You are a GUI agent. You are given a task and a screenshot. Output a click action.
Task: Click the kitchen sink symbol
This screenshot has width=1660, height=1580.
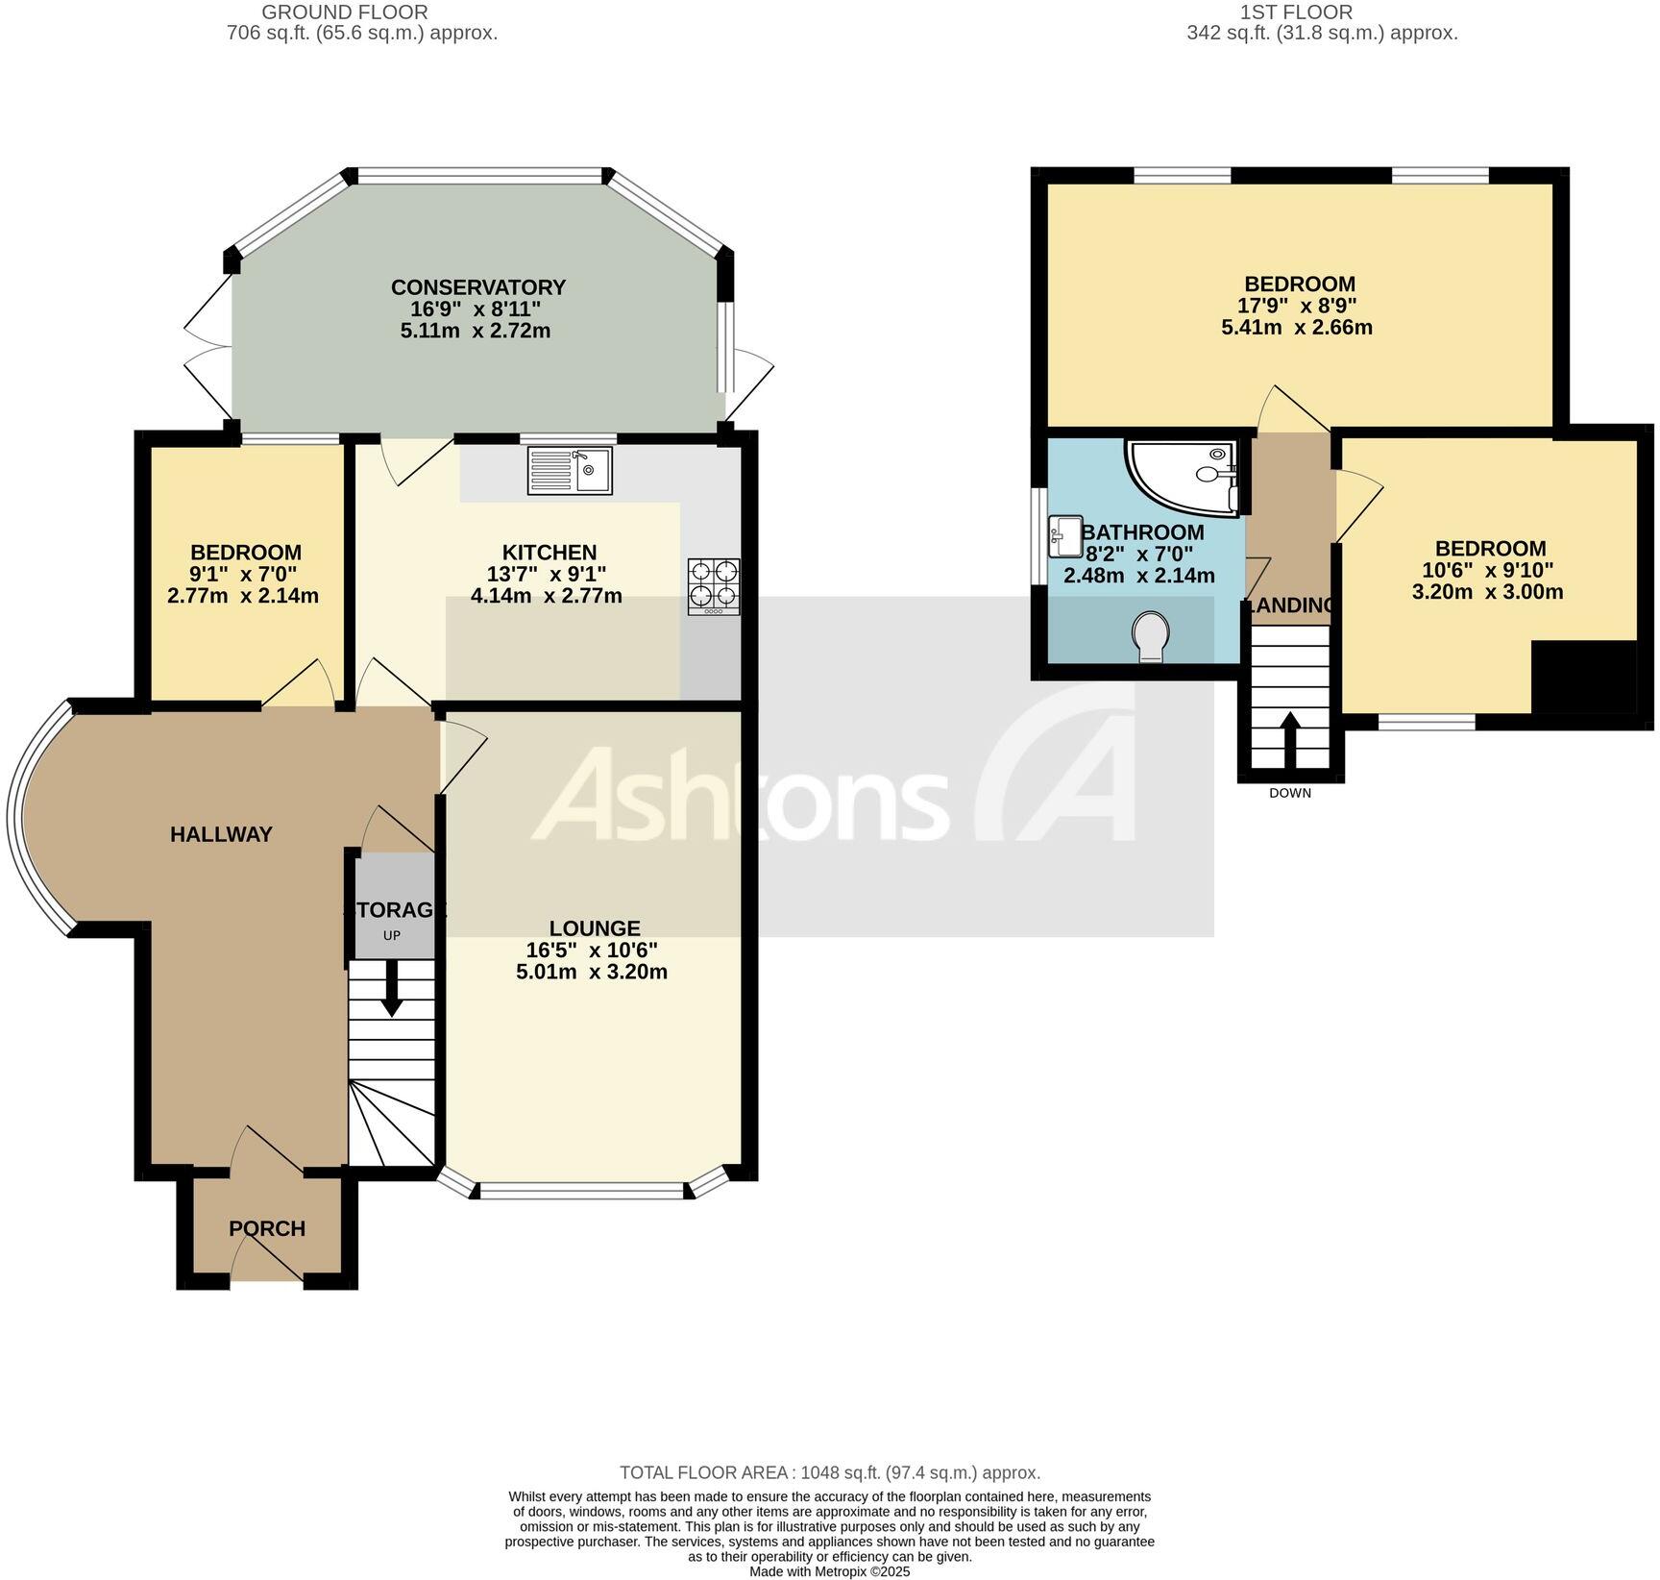(x=570, y=471)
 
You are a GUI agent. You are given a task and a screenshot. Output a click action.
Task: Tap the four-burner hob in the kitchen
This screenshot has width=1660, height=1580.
(x=714, y=586)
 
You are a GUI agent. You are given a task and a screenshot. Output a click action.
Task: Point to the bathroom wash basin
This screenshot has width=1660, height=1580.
(x=1065, y=535)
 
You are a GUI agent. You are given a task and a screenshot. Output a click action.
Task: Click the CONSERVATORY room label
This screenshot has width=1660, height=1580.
(x=477, y=287)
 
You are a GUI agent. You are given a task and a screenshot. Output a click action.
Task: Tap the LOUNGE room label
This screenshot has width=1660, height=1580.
(x=595, y=928)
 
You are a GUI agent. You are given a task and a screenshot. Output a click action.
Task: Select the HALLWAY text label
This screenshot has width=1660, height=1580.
(x=221, y=834)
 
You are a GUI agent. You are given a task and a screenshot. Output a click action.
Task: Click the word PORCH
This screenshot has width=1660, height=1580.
(x=267, y=1228)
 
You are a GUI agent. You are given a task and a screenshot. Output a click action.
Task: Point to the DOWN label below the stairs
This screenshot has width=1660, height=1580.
(x=1289, y=793)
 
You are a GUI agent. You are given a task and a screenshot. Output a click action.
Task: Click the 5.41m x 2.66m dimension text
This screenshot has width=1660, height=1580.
(x=1296, y=328)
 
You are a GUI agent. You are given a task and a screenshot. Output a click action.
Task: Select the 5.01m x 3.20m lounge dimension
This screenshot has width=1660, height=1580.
(x=591, y=972)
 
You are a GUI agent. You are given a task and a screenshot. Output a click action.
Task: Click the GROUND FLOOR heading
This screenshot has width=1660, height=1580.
(x=345, y=12)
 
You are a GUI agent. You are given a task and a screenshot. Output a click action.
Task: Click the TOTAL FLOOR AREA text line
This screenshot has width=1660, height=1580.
(x=830, y=1472)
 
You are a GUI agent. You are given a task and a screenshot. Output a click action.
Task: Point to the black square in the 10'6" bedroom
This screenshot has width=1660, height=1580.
(x=1583, y=677)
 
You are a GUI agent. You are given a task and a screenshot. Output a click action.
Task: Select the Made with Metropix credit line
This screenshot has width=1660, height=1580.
(x=829, y=1572)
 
